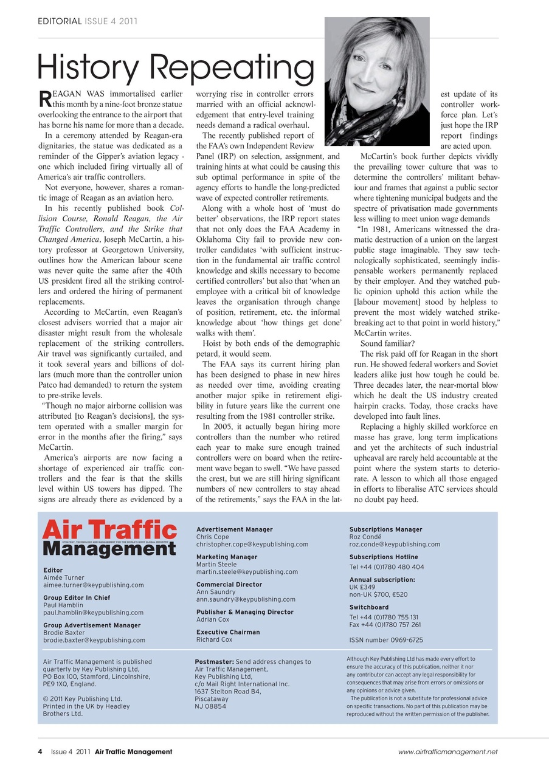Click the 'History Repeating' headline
176,66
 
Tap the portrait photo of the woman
377,81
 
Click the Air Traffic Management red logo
109,538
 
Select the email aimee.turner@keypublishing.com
94,585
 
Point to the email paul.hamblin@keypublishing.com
93,613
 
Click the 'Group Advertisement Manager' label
92,625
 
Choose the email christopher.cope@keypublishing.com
252,544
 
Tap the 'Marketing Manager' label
227,557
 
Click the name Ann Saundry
216,591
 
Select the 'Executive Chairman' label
228,632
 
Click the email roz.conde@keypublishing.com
395,545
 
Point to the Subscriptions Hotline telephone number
387,567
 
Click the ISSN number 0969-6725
386,640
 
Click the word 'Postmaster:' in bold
214,662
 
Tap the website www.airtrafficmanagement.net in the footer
447,752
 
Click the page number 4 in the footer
40,752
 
